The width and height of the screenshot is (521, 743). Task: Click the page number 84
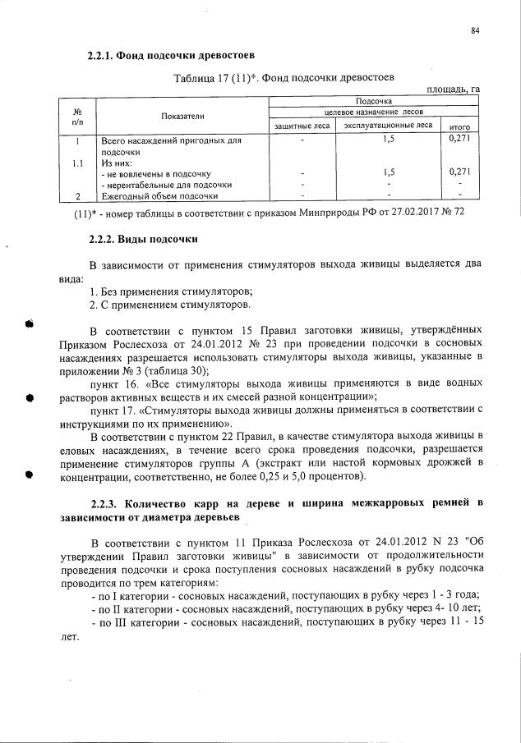coord(475,31)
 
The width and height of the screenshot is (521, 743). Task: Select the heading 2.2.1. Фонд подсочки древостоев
coord(170,56)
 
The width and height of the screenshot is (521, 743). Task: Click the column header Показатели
coord(182,117)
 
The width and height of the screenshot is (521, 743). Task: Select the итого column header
coord(459,126)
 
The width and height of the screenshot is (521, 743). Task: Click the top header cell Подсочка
coord(375,100)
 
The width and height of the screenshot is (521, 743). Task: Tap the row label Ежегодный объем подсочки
coord(159,196)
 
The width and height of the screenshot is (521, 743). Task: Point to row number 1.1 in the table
coord(76,163)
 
